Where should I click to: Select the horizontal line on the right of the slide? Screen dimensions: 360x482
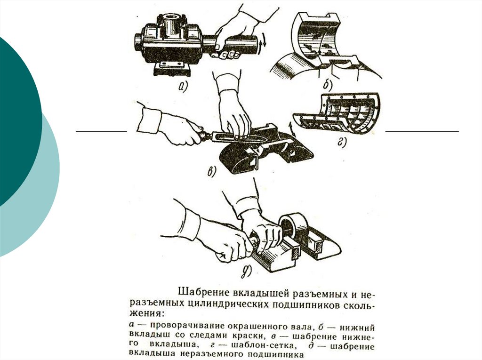click(x=422, y=132)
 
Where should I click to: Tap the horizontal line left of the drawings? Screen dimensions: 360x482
click(x=101, y=132)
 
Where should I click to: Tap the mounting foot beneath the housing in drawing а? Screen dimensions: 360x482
click(x=172, y=70)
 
